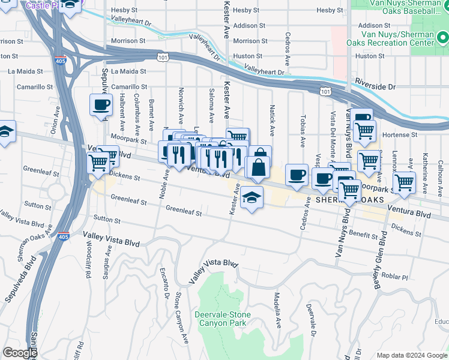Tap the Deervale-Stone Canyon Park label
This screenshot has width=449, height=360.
tap(221, 319)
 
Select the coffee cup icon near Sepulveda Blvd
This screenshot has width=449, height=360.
tap(101, 105)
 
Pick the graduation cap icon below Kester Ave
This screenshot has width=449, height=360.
tap(252, 197)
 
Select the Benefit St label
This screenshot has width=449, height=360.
tap(362, 235)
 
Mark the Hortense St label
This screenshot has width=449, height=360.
tap(400, 135)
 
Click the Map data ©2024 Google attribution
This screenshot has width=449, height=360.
tap(411, 355)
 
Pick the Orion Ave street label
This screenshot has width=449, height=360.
tap(53, 123)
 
